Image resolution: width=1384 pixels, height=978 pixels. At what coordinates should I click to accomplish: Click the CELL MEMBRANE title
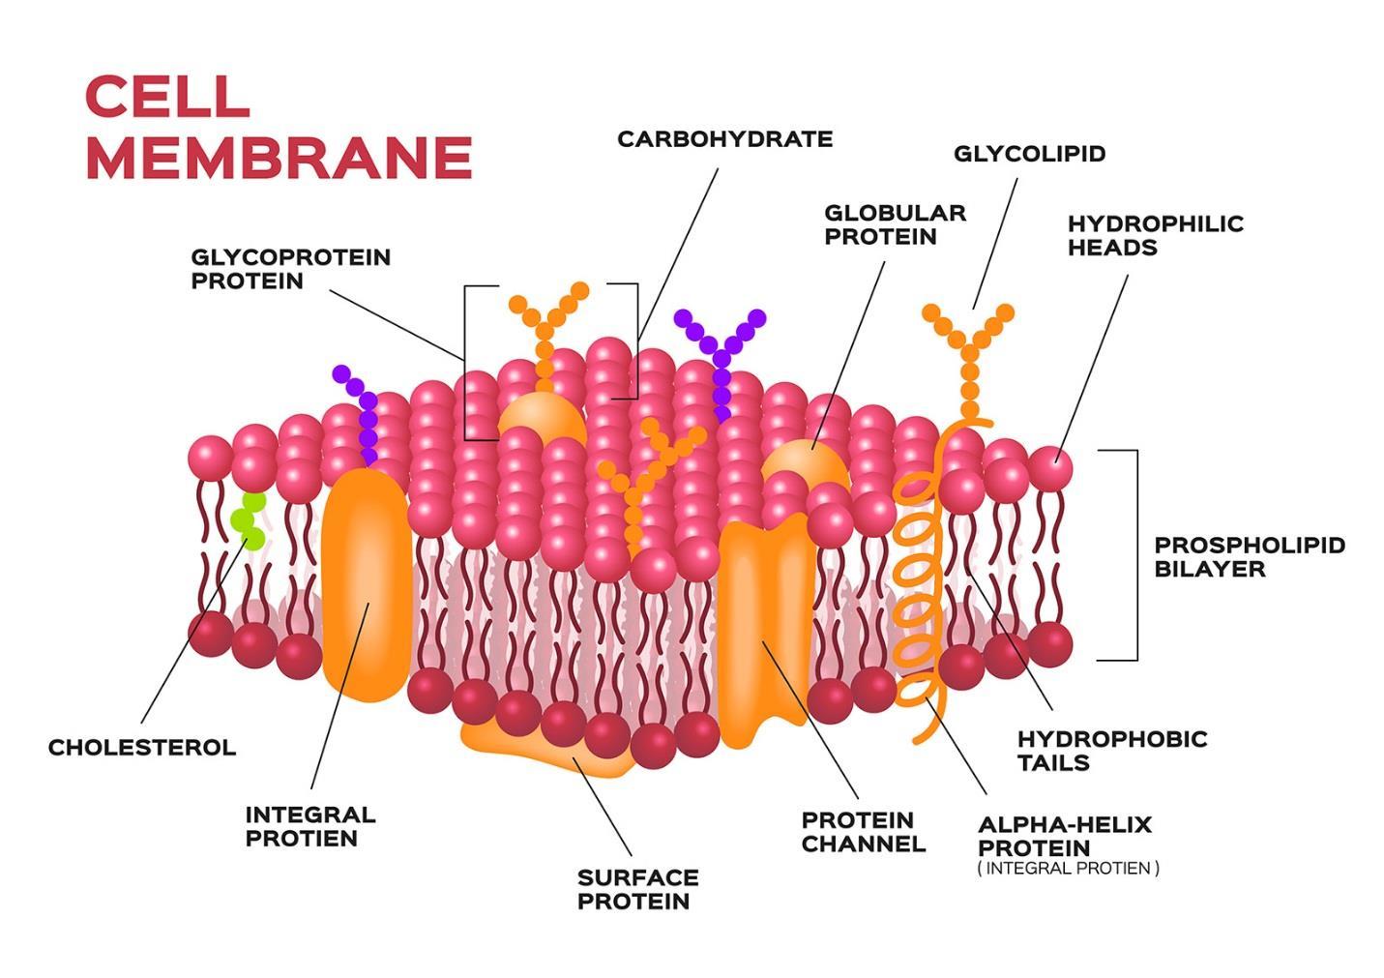click(x=278, y=127)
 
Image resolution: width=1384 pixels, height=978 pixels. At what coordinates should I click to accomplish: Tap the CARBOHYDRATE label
click(x=724, y=139)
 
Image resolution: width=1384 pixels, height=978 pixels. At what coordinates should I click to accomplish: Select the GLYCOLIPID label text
click(x=1029, y=154)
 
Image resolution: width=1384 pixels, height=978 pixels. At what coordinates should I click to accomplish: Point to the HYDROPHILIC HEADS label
click(x=1155, y=235)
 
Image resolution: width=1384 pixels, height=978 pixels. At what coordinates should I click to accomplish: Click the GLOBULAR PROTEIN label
click(x=895, y=224)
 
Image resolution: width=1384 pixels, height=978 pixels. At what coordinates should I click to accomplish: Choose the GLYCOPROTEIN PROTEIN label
click(x=290, y=269)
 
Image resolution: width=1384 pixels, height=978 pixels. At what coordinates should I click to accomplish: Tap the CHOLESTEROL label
click(x=142, y=748)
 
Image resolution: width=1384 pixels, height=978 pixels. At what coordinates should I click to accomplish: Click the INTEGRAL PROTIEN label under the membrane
click(x=309, y=826)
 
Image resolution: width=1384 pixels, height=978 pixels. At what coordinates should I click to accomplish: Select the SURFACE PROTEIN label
click(x=637, y=889)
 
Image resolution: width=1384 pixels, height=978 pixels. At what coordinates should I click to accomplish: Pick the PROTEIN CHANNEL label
click(x=863, y=832)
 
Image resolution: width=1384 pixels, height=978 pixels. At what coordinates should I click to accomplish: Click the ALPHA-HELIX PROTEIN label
click(x=1064, y=836)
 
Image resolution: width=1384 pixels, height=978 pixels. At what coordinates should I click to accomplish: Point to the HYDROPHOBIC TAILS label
click(x=1111, y=751)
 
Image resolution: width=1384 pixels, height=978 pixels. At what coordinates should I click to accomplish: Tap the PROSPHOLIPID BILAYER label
click(x=1249, y=556)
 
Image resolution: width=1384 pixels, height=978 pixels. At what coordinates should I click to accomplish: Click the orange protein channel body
click(x=762, y=629)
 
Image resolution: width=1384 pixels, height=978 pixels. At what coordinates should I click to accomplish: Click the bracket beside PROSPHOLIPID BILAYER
click(x=1135, y=555)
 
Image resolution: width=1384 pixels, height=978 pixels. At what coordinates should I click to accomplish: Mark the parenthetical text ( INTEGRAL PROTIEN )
click(x=1068, y=869)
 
